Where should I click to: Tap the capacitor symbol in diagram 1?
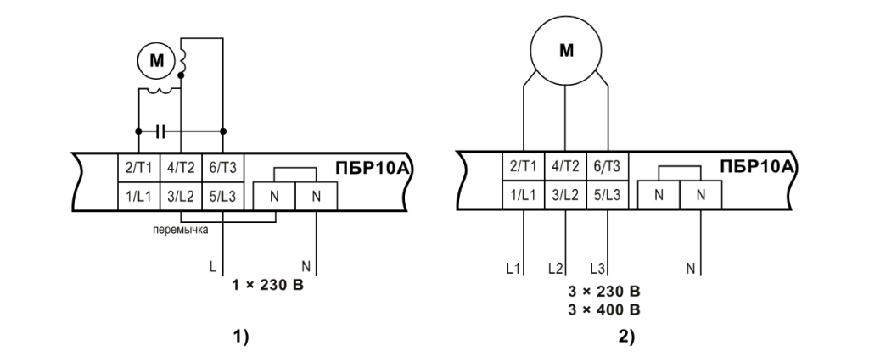coord(162,131)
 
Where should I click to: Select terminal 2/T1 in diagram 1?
coord(136,168)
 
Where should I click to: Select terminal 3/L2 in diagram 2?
coord(564,194)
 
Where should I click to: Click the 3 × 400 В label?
coord(604,309)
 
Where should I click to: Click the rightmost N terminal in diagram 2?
coord(701,194)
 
